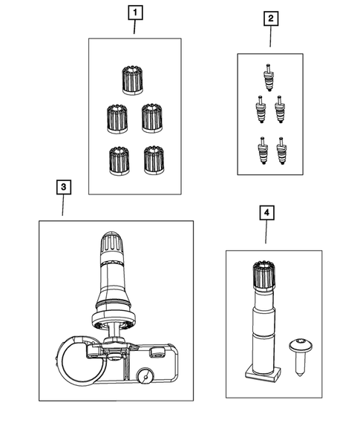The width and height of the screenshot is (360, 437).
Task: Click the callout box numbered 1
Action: tap(135, 13)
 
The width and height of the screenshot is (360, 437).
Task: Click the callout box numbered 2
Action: tap(271, 19)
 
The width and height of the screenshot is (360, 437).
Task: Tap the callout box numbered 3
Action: tap(64, 187)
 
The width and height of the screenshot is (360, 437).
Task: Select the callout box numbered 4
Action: tap(267, 213)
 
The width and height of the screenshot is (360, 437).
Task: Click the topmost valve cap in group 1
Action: tap(132, 80)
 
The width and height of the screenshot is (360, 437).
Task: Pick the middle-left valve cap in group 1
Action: tap(117, 119)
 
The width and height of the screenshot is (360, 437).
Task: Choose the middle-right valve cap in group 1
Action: tap(152, 119)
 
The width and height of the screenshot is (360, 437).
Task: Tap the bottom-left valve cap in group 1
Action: tap(120, 161)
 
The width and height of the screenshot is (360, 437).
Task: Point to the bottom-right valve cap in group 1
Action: tap(154, 160)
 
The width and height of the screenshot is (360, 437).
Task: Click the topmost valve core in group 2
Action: tap(269, 77)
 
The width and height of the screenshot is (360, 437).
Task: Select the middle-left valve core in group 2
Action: tap(261, 109)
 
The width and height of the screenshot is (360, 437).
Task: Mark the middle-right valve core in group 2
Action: tap(280, 109)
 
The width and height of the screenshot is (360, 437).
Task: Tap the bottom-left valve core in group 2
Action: tap(263, 151)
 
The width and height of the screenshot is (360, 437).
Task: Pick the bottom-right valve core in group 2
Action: tap(281, 151)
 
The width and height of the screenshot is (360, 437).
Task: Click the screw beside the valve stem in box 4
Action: tap(300, 358)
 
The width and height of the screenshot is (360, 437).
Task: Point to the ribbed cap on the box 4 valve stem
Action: tap(264, 275)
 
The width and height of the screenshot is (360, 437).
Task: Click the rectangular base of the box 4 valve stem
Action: tap(263, 374)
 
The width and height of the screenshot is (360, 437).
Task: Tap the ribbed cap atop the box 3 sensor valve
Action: tap(111, 243)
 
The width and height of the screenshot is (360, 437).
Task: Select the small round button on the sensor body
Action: tap(145, 378)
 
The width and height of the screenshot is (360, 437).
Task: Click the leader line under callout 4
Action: tap(266, 232)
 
